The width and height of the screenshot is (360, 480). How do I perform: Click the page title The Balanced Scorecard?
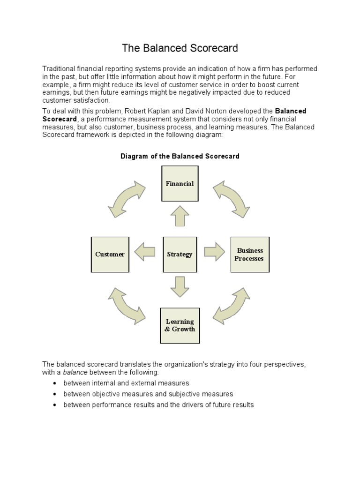click(180, 48)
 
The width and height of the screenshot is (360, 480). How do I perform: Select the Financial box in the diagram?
click(180, 184)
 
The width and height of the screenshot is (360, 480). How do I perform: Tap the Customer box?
click(110, 255)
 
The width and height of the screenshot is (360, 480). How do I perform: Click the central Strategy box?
click(180, 255)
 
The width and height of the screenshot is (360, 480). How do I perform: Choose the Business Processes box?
click(250, 255)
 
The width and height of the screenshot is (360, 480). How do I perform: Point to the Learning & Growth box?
click(180, 325)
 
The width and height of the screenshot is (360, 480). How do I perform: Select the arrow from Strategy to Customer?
click(145, 252)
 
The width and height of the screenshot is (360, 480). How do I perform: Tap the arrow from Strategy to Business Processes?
click(214, 252)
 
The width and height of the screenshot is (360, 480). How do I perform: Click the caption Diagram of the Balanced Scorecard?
click(180, 156)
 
